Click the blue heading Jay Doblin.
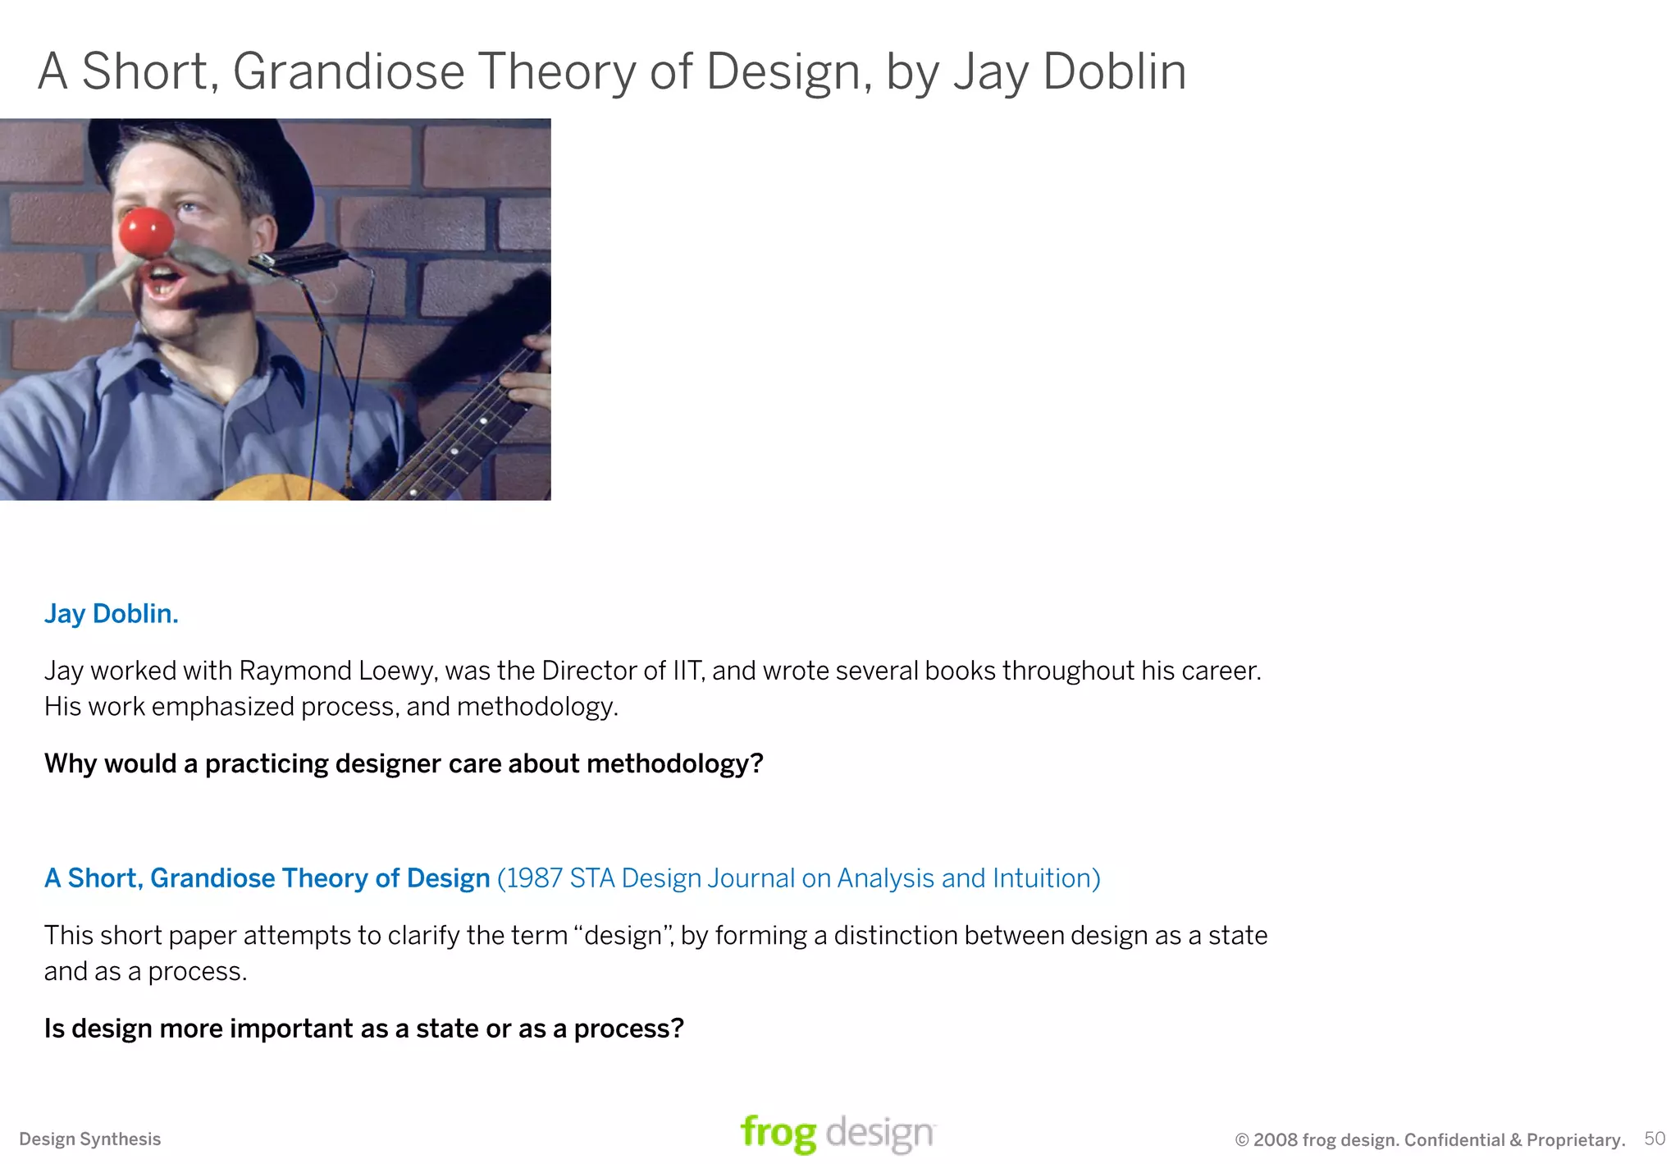click(111, 614)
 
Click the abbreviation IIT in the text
click(687, 671)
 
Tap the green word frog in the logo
click(778, 1134)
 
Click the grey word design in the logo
click(879, 1134)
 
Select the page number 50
click(1655, 1139)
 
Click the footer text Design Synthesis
click(90, 1139)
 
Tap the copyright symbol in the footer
click(1242, 1140)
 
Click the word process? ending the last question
click(628, 1029)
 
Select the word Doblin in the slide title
click(1114, 71)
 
